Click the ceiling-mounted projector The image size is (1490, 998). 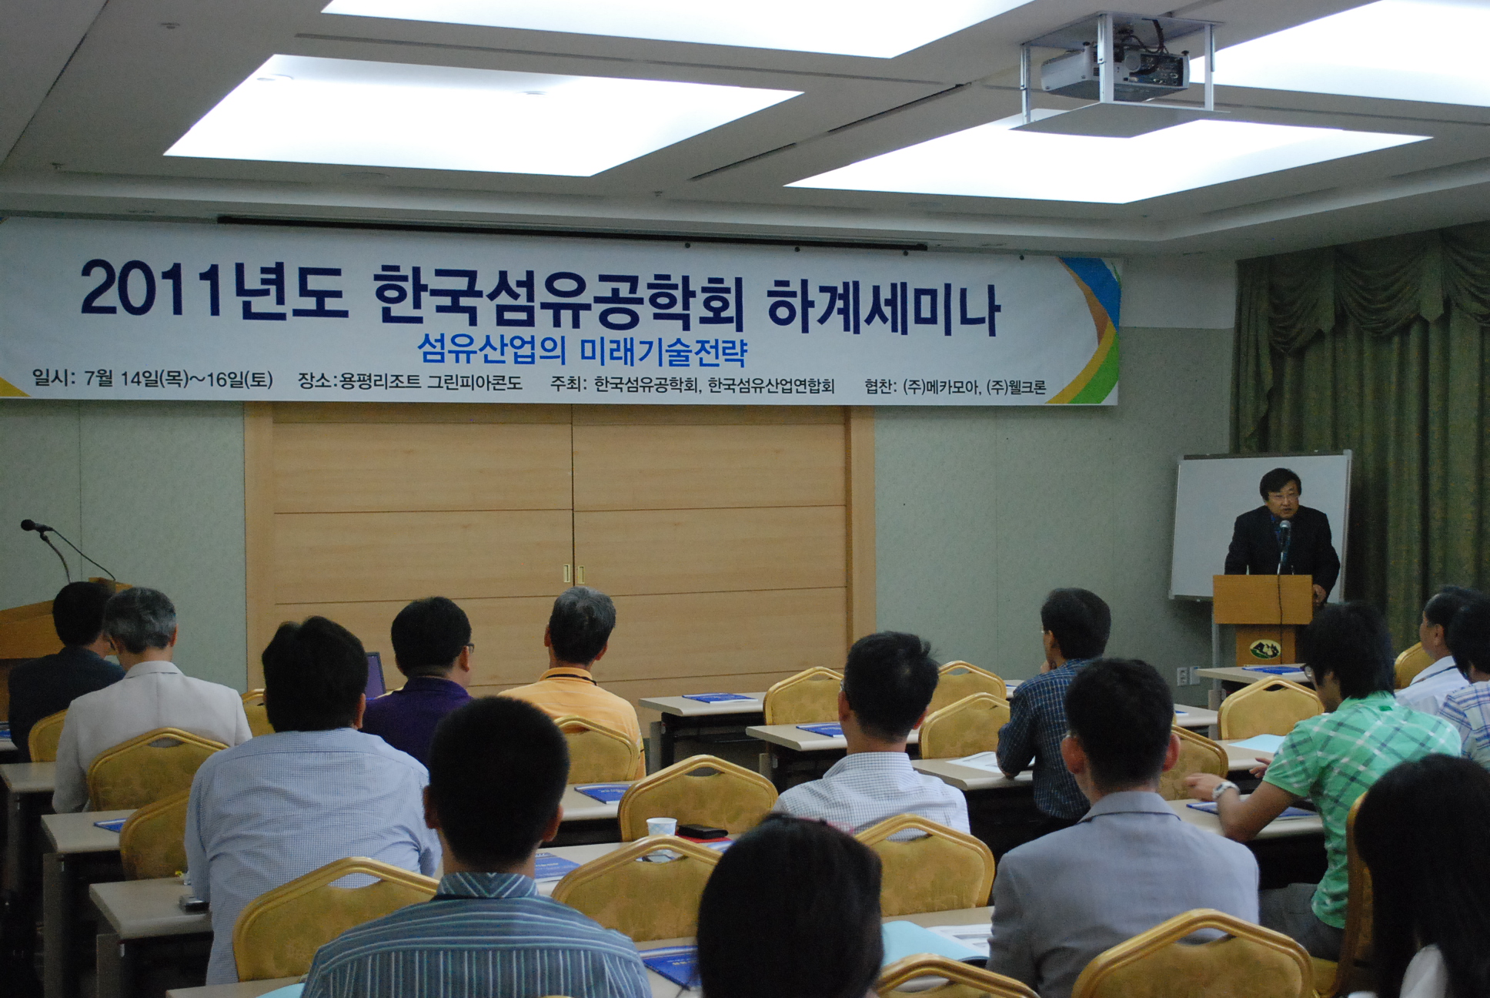pos(1114,70)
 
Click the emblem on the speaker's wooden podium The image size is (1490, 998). pos(1264,649)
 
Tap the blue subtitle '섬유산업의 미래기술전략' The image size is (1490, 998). pos(583,350)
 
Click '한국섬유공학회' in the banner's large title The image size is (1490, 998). pos(559,299)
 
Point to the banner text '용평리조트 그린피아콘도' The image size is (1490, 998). pos(431,381)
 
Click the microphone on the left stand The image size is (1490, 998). pos(35,527)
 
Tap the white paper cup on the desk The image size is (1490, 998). pos(661,826)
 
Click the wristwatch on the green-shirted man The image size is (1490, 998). pos(1223,788)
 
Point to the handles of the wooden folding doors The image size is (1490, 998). pos(572,574)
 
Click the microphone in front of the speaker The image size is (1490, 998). pos(1284,531)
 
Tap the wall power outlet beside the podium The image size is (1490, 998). pos(1182,675)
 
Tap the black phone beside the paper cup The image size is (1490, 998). pos(702,832)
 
